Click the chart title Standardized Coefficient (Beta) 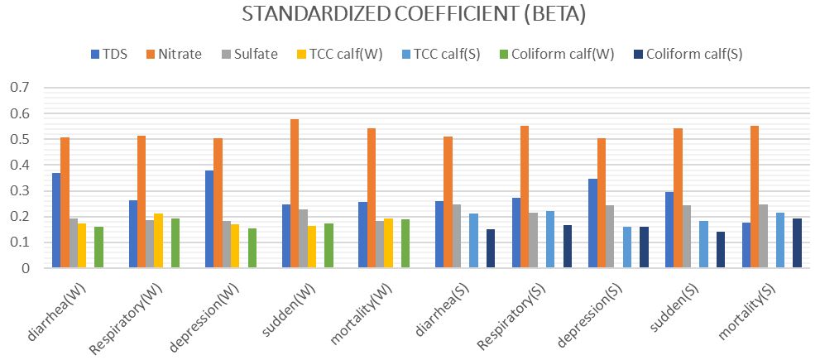pyautogui.click(x=410, y=16)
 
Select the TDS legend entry pyautogui.click(x=109, y=55)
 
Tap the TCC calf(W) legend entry pyautogui.click(x=340, y=55)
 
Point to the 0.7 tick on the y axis pyautogui.click(x=19, y=88)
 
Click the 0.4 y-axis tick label pyautogui.click(x=19, y=165)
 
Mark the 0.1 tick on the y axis pyautogui.click(x=19, y=242)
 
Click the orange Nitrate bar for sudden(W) pyautogui.click(x=295, y=194)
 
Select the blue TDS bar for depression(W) pyautogui.click(x=209, y=219)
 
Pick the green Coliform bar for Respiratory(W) pyautogui.click(x=175, y=243)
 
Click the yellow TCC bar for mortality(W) pyautogui.click(x=388, y=243)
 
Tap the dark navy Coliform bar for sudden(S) pyautogui.click(x=721, y=250)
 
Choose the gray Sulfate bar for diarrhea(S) pyautogui.click(x=456, y=236)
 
